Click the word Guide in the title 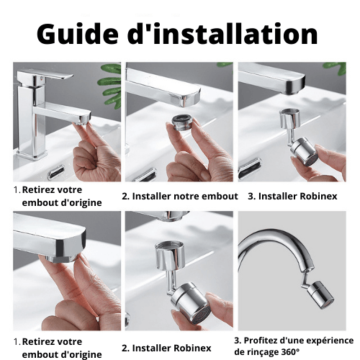78,35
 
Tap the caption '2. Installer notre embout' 180,196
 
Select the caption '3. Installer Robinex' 292,196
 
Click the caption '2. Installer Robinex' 166,348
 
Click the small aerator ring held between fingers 181,122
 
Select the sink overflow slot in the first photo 56,171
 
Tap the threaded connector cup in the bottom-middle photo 170,255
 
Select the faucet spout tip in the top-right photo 295,85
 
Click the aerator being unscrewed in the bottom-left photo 62,258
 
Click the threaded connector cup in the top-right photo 290,117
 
